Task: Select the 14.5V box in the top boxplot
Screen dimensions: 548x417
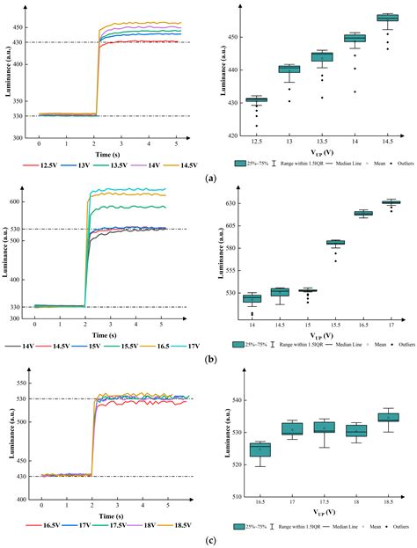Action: click(x=386, y=18)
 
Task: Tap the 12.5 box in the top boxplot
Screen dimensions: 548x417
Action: click(x=256, y=100)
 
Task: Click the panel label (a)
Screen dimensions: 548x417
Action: click(x=209, y=178)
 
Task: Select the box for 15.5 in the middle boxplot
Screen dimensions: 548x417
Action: click(x=335, y=242)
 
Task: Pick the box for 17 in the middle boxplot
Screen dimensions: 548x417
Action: click(x=390, y=202)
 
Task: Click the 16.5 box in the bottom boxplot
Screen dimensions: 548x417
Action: click(x=260, y=449)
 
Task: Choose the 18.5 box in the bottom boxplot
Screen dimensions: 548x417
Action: click(x=388, y=417)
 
